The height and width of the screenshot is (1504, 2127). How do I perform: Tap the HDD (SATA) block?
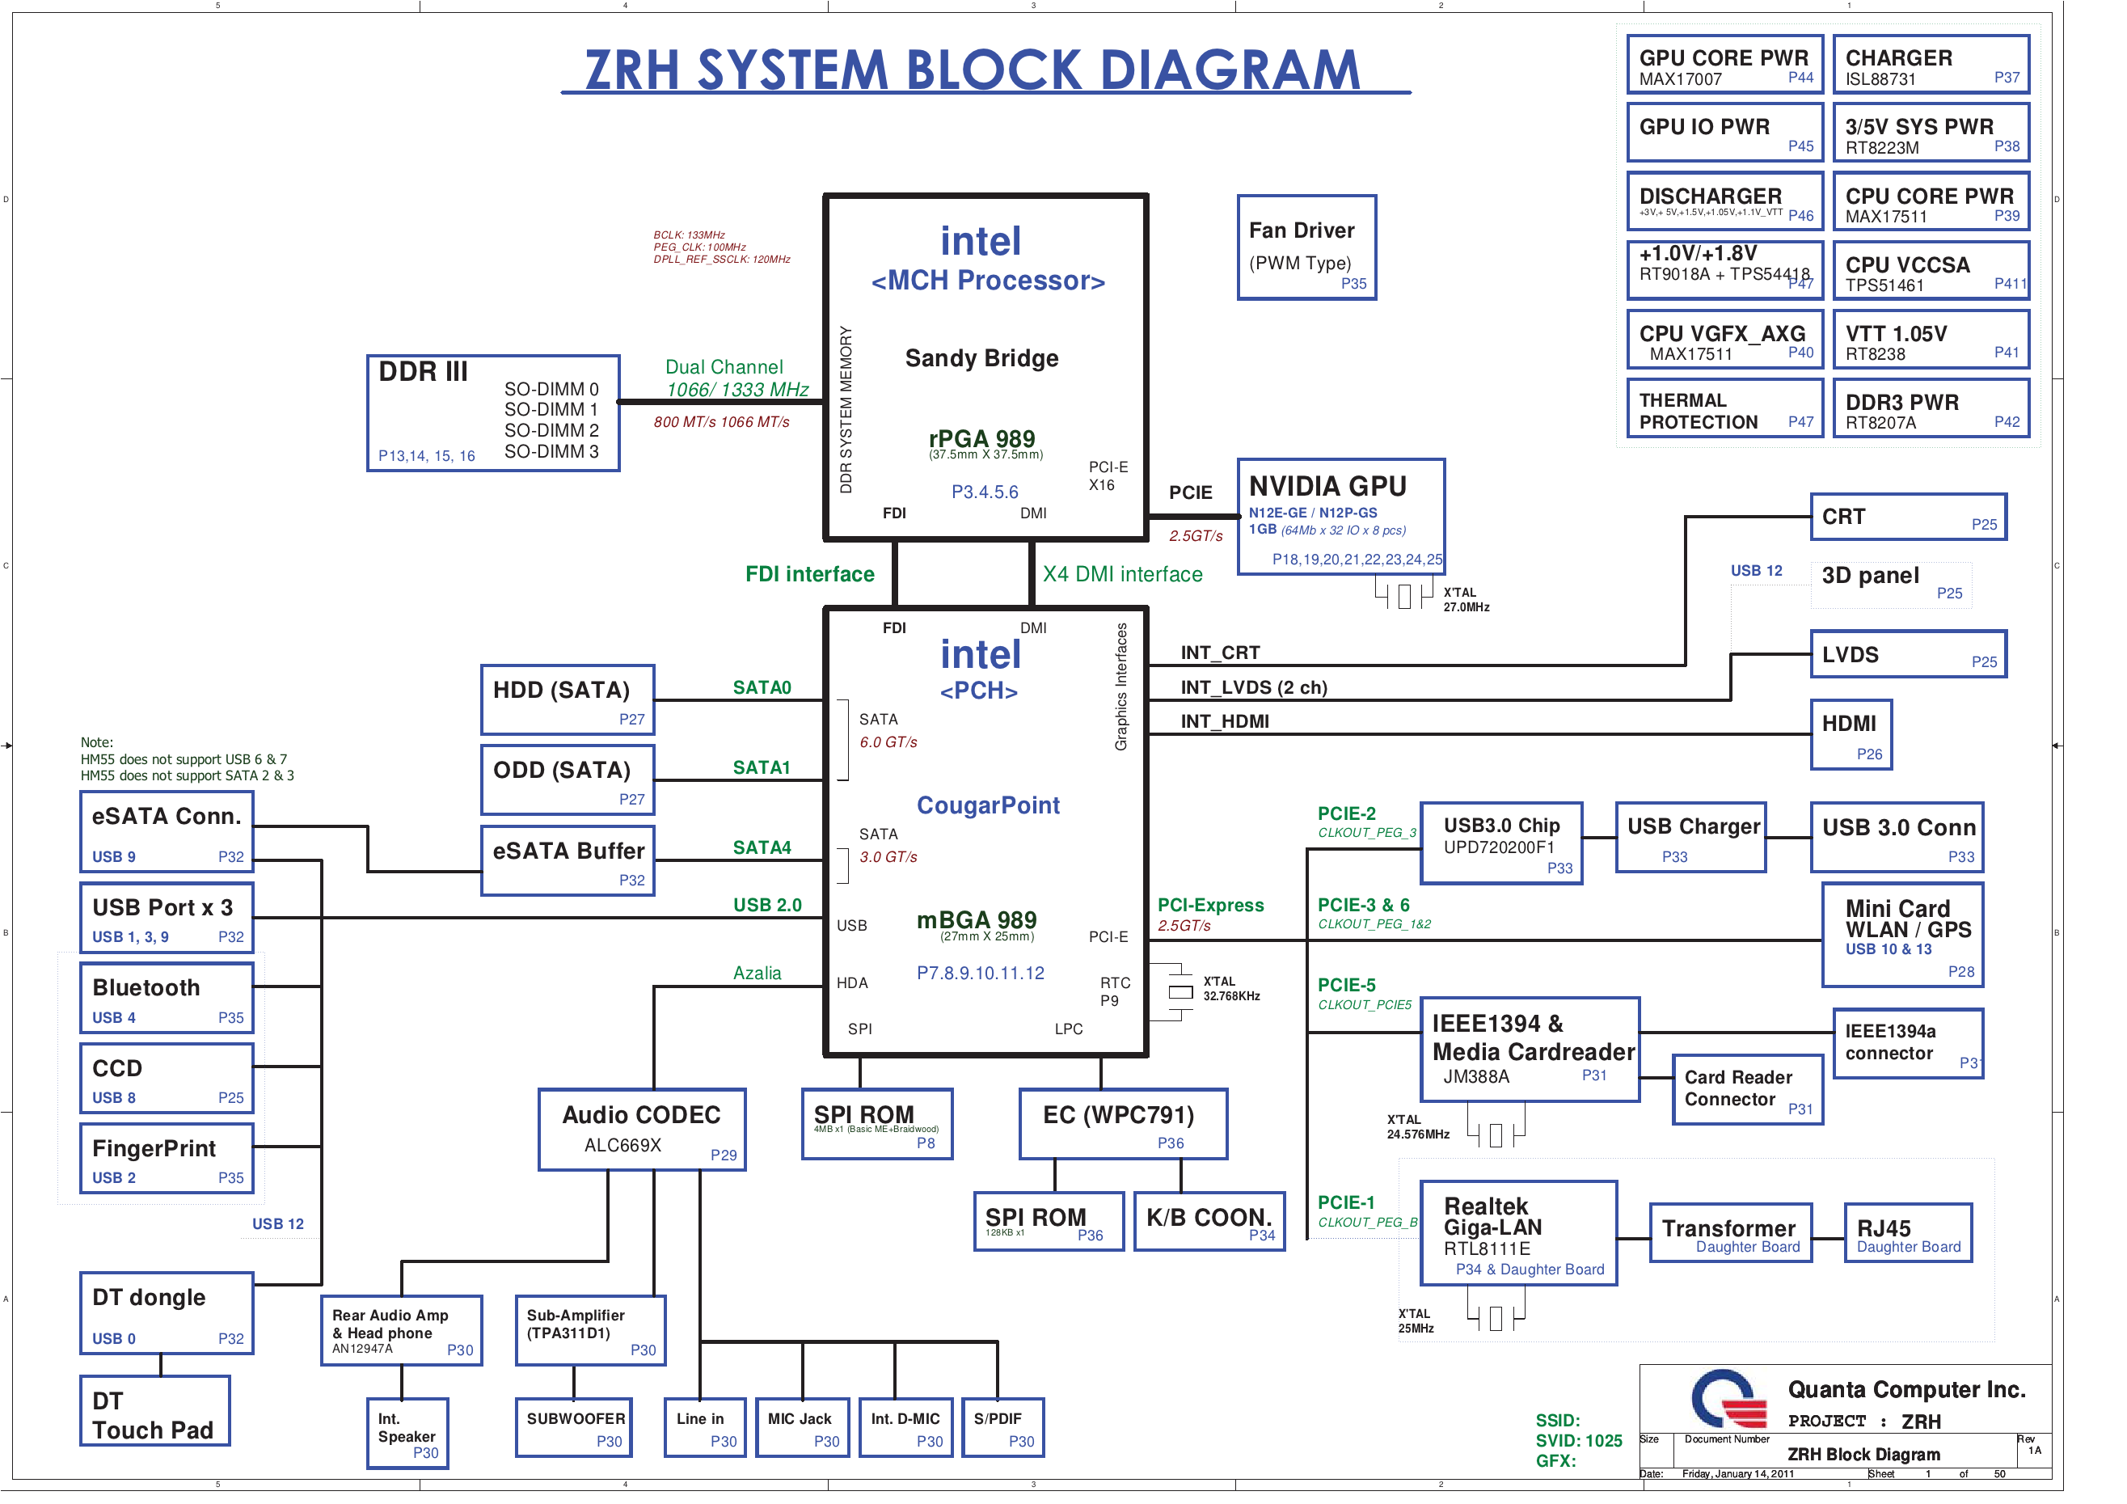tap(567, 699)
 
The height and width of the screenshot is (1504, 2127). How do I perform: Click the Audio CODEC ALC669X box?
tap(641, 1129)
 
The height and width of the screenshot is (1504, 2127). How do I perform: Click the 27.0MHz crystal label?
tap(1466, 607)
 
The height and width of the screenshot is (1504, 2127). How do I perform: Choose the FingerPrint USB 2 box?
tap(167, 1159)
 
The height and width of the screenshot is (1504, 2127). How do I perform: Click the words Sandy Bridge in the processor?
tap(981, 359)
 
